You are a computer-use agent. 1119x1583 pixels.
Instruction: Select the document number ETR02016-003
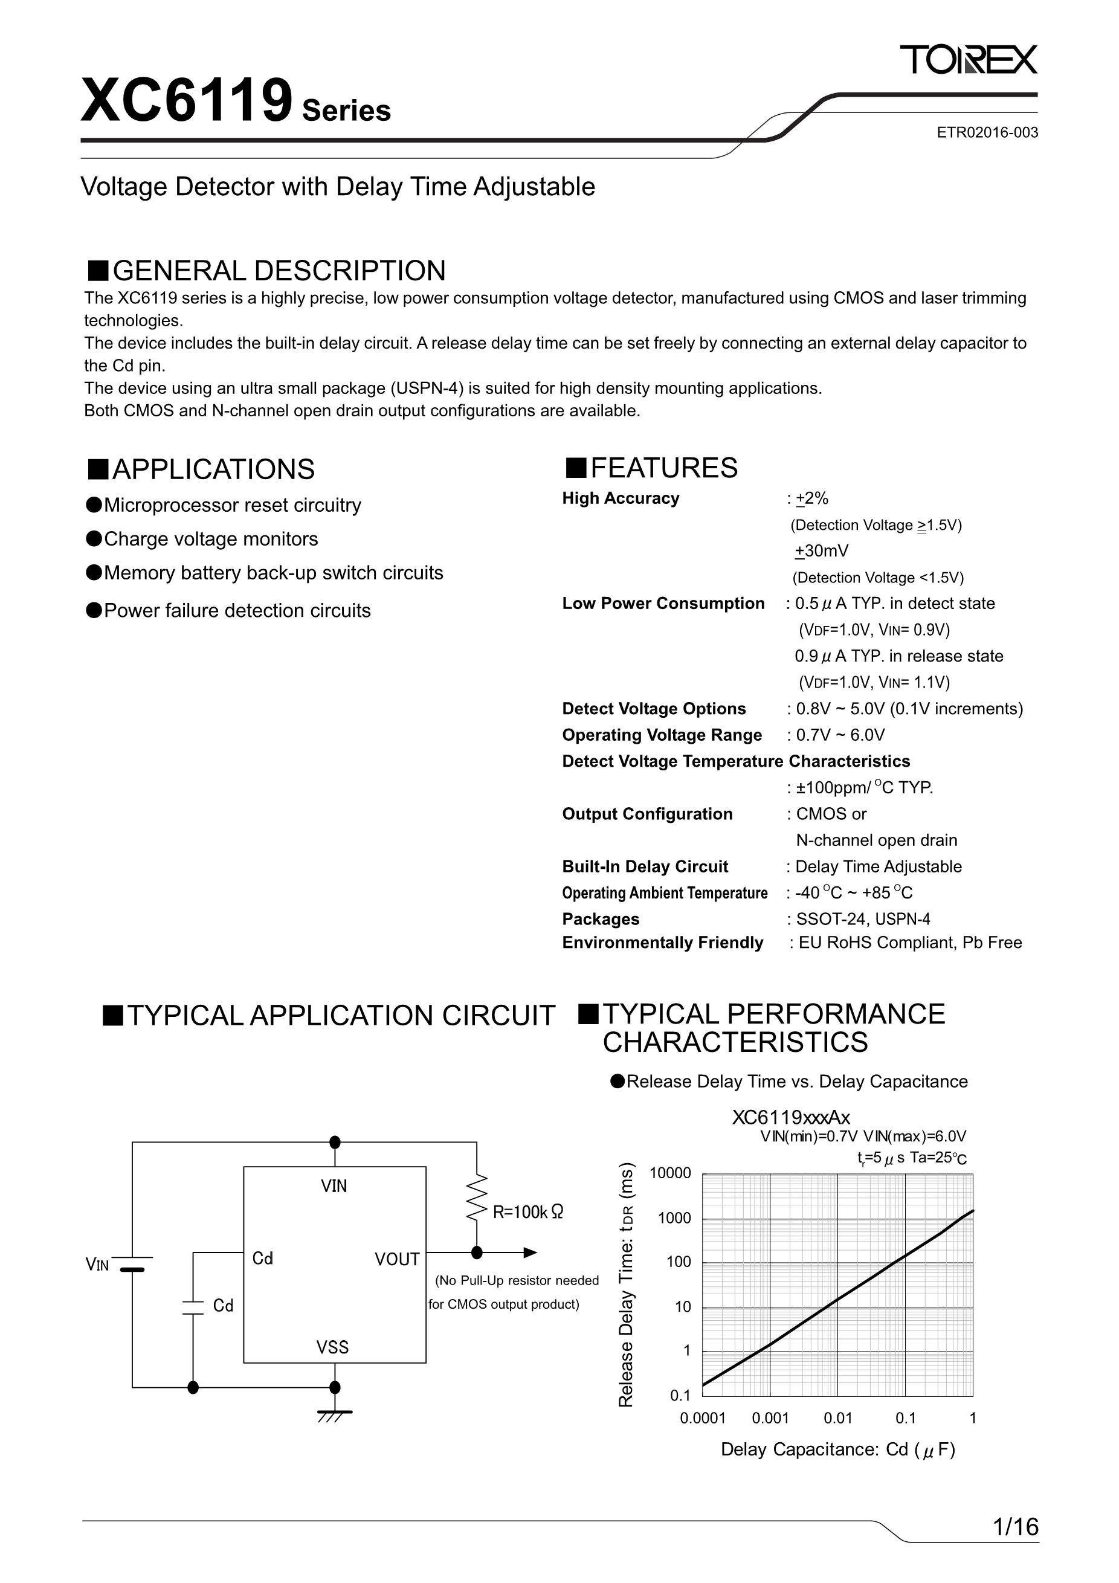click(987, 132)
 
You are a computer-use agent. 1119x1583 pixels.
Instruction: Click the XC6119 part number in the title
click(187, 102)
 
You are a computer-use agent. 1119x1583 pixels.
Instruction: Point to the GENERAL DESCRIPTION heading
click(279, 271)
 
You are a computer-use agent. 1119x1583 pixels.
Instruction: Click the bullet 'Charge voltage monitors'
click(210, 538)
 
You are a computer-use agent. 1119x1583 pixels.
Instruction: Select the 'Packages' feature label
click(601, 919)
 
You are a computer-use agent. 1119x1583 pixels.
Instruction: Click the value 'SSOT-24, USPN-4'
click(863, 919)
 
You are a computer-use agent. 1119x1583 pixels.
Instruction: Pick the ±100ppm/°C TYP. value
click(864, 787)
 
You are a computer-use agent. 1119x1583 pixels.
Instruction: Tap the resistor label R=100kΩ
click(527, 1211)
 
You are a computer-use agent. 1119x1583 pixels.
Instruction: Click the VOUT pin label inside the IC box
click(396, 1259)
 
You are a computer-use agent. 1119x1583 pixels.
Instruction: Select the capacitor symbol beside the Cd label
click(193, 1308)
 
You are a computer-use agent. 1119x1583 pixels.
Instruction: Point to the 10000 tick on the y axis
click(669, 1173)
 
